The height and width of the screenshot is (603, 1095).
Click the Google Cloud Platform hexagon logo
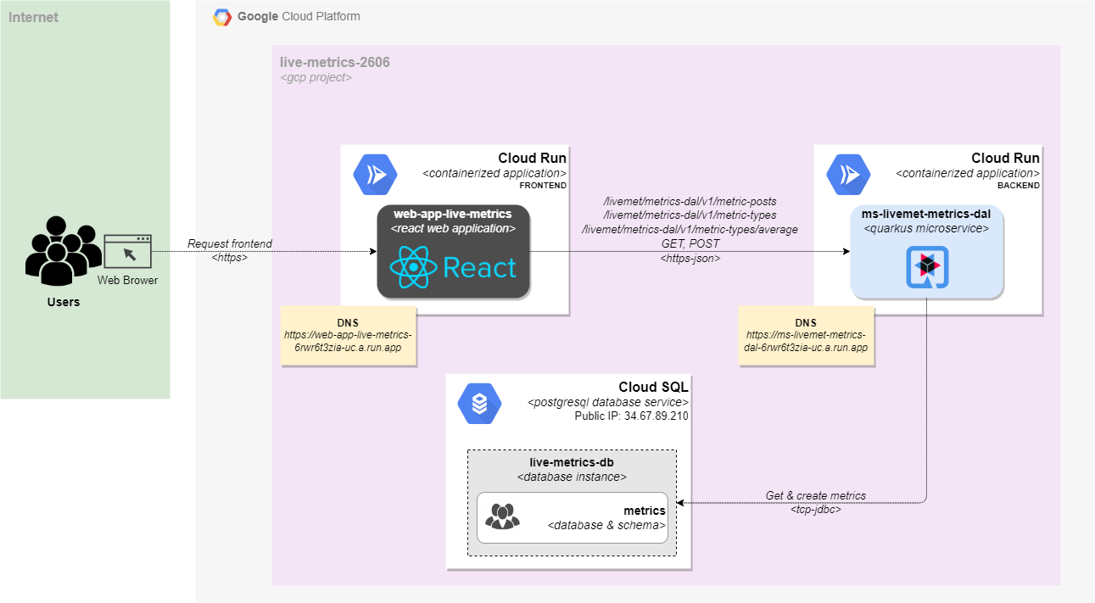tap(222, 17)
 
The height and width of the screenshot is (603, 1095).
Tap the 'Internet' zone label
tap(33, 17)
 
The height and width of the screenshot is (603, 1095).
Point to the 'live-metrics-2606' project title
tap(335, 62)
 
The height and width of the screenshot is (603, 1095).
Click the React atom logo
tap(413, 268)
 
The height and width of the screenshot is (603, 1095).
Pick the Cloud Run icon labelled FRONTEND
tap(375, 174)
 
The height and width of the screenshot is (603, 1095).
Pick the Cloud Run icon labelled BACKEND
tap(848, 174)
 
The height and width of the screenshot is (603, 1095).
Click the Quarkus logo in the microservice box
tap(927, 267)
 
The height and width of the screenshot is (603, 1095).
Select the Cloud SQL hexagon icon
tap(479, 404)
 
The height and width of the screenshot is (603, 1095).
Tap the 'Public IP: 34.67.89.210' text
tap(631, 416)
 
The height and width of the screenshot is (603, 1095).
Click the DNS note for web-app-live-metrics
tap(348, 336)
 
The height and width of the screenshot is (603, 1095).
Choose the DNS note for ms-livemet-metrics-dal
tap(806, 336)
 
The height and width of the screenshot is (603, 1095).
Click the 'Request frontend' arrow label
tap(230, 244)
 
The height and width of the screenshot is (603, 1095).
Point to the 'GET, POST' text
tap(690, 243)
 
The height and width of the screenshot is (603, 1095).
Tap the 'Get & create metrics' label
tap(816, 495)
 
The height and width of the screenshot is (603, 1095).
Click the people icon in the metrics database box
tap(502, 516)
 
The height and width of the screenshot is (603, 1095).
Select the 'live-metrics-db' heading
tap(572, 463)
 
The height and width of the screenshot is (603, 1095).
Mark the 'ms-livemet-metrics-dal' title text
tap(926, 214)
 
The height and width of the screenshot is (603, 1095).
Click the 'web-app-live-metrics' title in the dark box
tap(453, 215)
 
